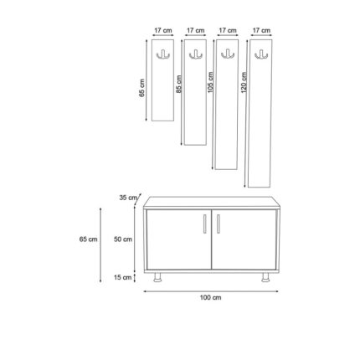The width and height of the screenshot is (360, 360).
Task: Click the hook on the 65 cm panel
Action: point(162,55)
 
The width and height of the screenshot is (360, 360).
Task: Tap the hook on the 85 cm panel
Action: point(194,55)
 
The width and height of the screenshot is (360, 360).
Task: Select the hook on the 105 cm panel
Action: point(226,54)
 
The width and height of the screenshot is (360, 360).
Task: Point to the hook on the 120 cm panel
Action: point(260,55)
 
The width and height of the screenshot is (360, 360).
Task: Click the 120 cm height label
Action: point(244,82)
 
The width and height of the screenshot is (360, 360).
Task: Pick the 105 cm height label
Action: point(211,82)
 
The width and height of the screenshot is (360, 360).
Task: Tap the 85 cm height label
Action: point(178,84)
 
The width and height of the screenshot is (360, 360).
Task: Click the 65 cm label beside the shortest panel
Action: point(142,88)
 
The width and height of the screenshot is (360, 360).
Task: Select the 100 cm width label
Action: point(210,297)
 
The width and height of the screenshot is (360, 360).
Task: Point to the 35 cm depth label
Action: point(128,198)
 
